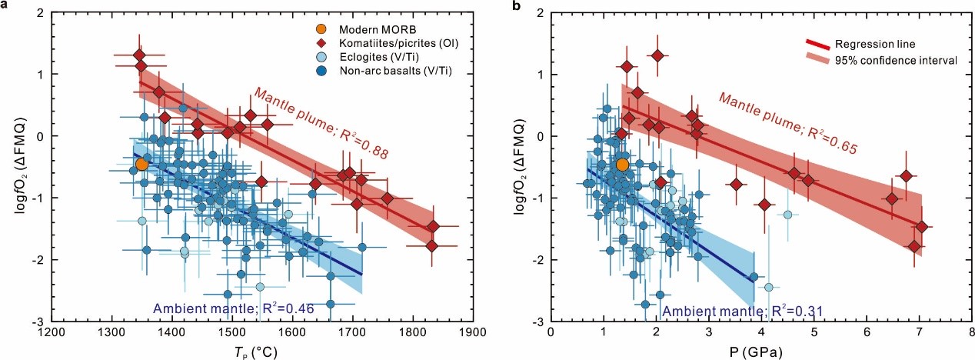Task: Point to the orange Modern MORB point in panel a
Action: pos(141,164)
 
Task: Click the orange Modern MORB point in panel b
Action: pos(623,164)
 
